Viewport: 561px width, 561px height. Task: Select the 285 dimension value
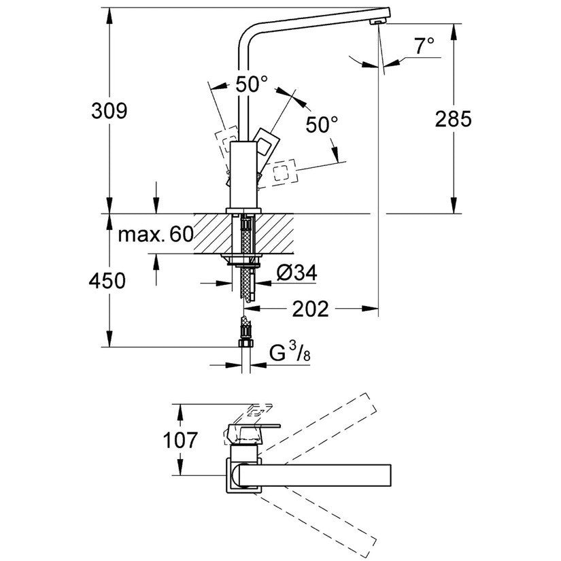452,119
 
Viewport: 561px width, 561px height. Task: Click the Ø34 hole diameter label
297,273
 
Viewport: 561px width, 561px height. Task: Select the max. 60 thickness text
156,236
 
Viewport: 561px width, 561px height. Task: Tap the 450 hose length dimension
107,280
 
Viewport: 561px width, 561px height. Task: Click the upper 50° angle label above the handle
251,85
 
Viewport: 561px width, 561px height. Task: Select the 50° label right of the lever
321,125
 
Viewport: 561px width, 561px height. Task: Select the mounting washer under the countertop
243,259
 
